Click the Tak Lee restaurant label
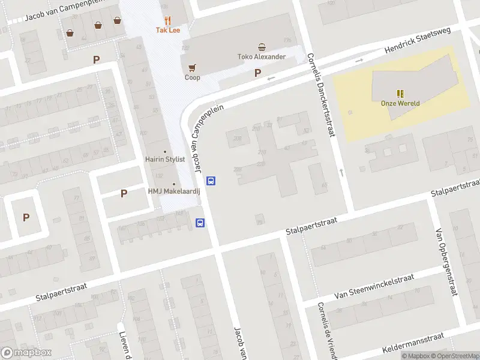[168, 30]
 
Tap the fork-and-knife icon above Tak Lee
[168, 20]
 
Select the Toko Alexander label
[261, 57]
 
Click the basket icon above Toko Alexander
[261, 47]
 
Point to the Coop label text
[192, 77]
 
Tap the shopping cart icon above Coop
[192, 67]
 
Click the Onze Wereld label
[400, 103]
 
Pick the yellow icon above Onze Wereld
[400, 93]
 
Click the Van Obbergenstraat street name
[447, 262]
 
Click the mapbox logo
[26, 353]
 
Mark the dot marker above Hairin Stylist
[165, 151]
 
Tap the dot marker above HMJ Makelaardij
[174, 184]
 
